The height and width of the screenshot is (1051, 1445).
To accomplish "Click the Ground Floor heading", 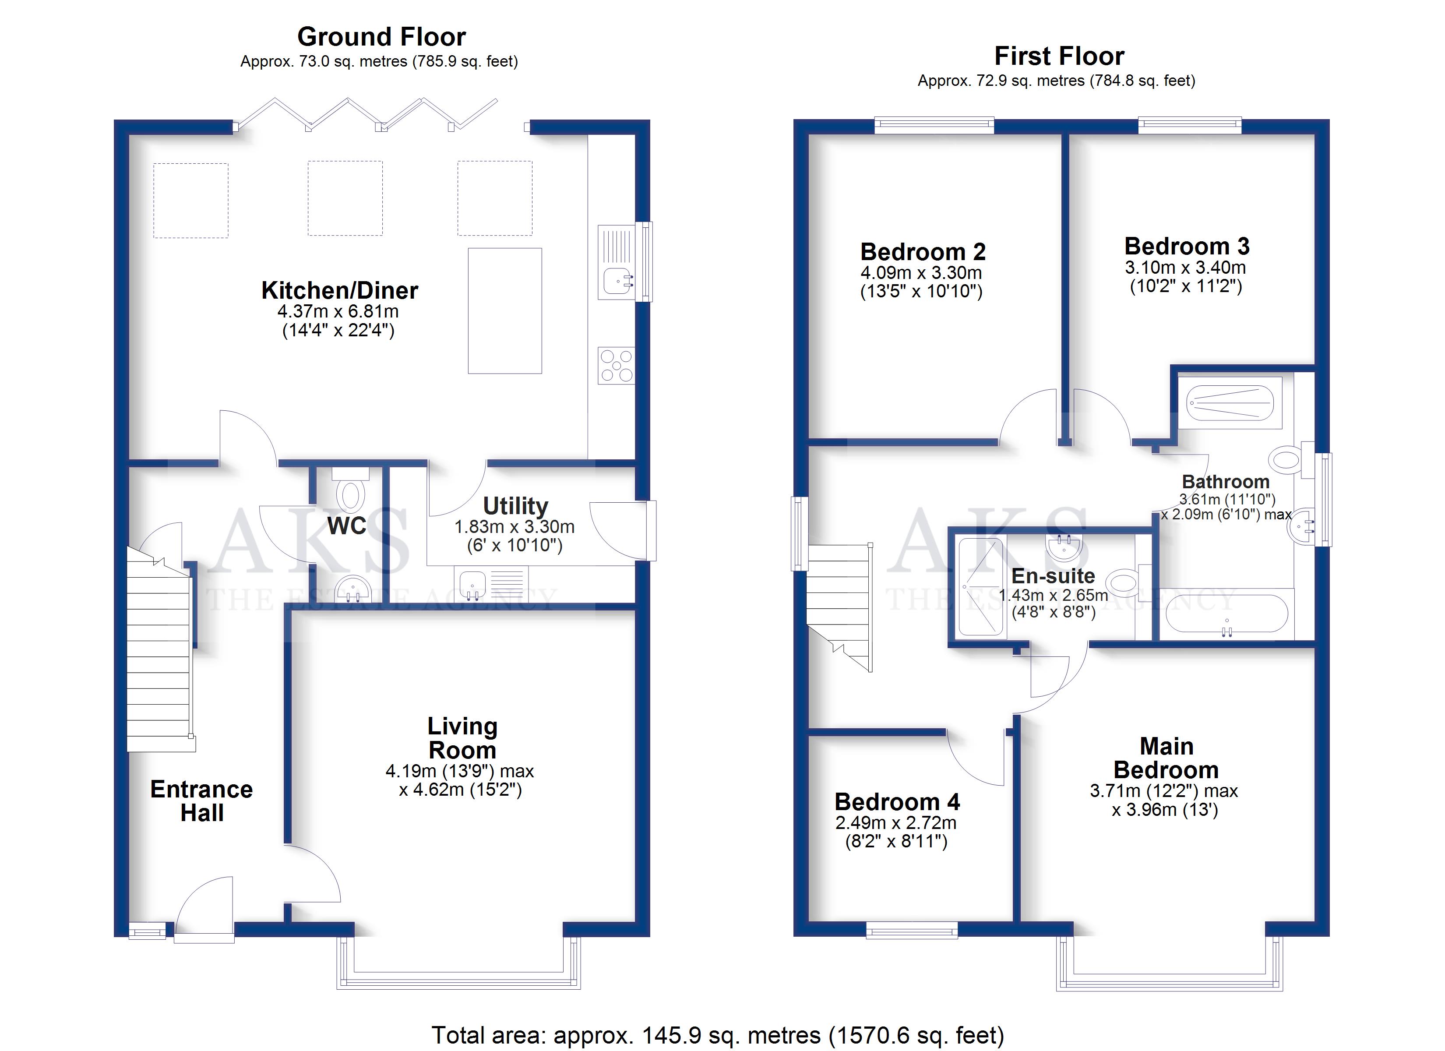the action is (x=382, y=37).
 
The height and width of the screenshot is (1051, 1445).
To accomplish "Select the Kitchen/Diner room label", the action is (x=340, y=291).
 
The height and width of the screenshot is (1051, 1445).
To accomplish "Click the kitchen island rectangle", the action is (x=504, y=310).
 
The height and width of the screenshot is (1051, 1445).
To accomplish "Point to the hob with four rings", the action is (x=616, y=366).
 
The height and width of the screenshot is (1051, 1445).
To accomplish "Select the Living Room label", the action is (x=462, y=738).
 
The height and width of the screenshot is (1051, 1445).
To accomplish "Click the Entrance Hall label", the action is (x=201, y=801).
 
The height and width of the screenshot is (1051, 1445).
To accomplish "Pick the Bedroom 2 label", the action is (x=923, y=252).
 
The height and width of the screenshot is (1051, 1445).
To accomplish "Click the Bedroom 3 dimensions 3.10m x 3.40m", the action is (x=1185, y=268).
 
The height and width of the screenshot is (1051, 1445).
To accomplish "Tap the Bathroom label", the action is (x=1226, y=482).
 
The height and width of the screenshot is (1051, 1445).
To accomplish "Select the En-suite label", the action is (x=1053, y=576).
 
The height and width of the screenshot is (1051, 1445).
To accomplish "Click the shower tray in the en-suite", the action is (x=982, y=587).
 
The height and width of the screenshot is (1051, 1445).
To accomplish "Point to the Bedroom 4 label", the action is (x=897, y=802).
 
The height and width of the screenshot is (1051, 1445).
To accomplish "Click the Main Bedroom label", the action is (x=1166, y=758).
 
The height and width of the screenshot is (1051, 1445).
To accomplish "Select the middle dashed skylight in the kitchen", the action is (x=345, y=198).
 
